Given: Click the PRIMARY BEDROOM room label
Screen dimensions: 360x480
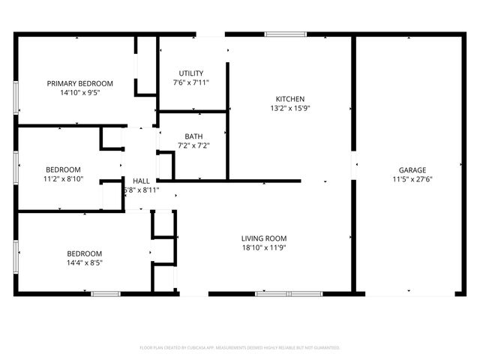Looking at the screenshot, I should pyautogui.click(x=79, y=83).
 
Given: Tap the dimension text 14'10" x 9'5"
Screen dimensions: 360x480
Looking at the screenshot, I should pyautogui.click(x=79, y=94).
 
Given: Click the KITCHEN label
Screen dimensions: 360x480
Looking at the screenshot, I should pyautogui.click(x=289, y=99).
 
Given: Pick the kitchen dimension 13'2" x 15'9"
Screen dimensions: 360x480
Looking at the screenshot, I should pyautogui.click(x=289, y=109).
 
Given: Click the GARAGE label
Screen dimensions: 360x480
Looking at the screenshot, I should pyautogui.click(x=412, y=169).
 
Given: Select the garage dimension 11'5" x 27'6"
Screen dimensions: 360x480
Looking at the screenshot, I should pyautogui.click(x=412, y=179).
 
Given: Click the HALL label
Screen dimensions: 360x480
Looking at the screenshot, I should pyautogui.click(x=141, y=181).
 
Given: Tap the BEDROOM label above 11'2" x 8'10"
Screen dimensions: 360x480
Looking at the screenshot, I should pyautogui.click(x=63, y=169).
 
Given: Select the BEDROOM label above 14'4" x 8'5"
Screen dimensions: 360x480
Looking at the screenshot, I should pyautogui.click(x=84, y=253).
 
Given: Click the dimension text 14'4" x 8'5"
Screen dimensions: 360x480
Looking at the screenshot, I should pyautogui.click(x=84, y=263).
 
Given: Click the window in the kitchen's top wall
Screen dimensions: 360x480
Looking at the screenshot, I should pyautogui.click(x=285, y=34).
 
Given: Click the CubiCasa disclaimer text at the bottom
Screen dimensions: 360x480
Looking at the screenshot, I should pyautogui.click(x=240, y=348).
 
